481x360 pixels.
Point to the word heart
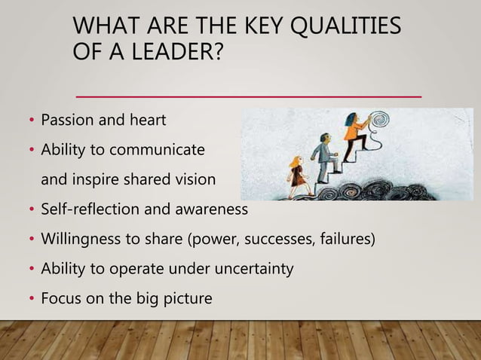[x=146, y=120]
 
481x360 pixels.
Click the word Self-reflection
[x=88, y=209]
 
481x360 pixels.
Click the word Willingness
[x=78, y=239]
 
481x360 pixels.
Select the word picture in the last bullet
[x=188, y=298]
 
